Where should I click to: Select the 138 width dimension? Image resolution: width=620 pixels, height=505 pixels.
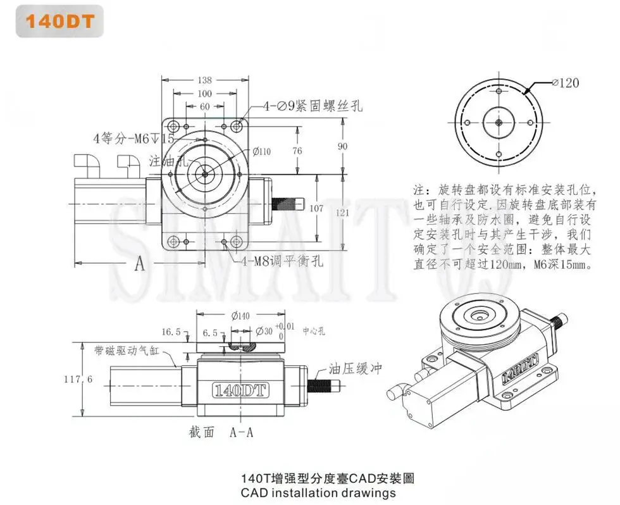(204, 80)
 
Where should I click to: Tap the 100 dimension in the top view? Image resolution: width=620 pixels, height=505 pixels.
(204, 94)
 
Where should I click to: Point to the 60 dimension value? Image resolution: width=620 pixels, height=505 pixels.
(204, 107)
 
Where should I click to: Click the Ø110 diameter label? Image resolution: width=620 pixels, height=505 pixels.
(261, 151)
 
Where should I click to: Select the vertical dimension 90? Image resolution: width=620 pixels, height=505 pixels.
(342, 146)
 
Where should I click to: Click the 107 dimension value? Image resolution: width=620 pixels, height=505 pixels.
(316, 208)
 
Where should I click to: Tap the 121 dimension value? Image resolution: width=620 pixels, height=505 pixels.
(342, 213)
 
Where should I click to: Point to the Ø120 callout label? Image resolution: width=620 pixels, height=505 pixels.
(565, 82)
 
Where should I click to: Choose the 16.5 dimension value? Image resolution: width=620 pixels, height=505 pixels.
(171, 331)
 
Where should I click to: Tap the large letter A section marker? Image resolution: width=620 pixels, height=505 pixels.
(139, 264)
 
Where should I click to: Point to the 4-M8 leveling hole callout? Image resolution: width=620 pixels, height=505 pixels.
(281, 260)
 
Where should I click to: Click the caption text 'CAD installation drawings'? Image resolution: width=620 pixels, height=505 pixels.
(318, 492)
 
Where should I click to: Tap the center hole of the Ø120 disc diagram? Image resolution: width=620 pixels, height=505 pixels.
(499, 123)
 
